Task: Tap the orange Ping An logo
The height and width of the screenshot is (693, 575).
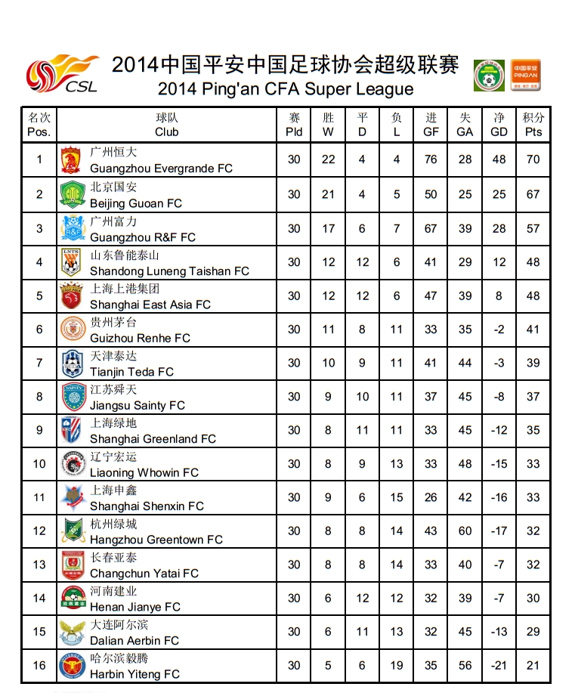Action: pyautogui.click(x=525, y=75)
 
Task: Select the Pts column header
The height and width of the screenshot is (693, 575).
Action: pyautogui.click(x=533, y=125)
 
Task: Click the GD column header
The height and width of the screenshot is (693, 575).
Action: pyautogui.click(x=499, y=125)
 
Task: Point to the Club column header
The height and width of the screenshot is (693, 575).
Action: pyautogui.click(x=166, y=125)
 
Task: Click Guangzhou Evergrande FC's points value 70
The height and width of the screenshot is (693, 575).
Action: pyautogui.click(x=533, y=160)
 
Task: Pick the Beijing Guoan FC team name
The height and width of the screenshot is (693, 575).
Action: pyautogui.click(x=136, y=203)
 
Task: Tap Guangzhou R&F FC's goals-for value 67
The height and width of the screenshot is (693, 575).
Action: pyautogui.click(x=431, y=229)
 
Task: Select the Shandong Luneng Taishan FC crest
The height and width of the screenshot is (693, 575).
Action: pyautogui.click(x=71, y=262)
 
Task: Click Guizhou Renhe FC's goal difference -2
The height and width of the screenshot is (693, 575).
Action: pyautogui.click(x=499, y=329)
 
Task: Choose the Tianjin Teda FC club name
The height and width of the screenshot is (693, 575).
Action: pyautogui.click(x=131, y=372)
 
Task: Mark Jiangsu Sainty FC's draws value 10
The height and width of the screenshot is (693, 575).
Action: pyautogui.click(x=363, y=397)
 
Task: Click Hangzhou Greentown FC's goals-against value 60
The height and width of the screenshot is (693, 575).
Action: pyautogui.click(x=465, y=531)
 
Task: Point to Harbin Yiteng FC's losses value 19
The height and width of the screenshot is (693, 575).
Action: pyautogui.click(x=397, y=666)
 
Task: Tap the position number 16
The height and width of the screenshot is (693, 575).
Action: pyautogui.click(x=39, y=666)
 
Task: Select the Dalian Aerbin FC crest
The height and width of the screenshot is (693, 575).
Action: pyautogui.click(x=71, y=632)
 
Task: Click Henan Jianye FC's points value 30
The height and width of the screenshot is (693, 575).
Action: pyautogui.click(x=533, y=599)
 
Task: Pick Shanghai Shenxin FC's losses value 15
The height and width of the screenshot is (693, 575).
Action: pyautogui.click(x=397, y=497)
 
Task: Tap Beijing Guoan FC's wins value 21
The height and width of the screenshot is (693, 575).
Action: pyautogui.click(x=328, y=194)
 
